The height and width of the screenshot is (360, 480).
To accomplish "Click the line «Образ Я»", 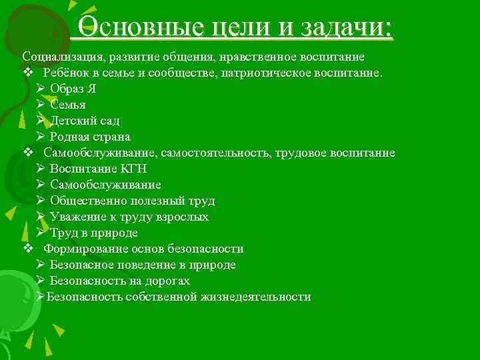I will pyautogui.click(x=73, y=89).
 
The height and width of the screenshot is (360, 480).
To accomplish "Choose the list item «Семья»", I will pyautogui.click(x=67, y=105).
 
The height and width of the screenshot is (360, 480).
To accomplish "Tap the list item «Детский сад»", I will pyautogui.click(x=85, y=121).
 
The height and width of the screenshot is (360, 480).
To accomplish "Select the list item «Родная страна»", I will pyautogui.click(x=89, y=137).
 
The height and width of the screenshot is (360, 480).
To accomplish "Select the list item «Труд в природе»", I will pyautogui.click(x=93, y=233).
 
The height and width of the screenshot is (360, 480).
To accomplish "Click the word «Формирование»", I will pyautogui.click(x=83, y=249).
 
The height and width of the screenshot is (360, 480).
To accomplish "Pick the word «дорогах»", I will pyautogui.click(x=176, y=281).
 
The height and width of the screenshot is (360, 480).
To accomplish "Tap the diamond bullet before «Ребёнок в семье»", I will pyautogui.click(x=27, y=73).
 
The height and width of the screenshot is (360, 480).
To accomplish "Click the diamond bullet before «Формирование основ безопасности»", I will pyautogui.click(x=27, y=249).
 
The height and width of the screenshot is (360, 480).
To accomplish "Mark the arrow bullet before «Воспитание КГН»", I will pyautogui.click(x=41, y=169).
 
